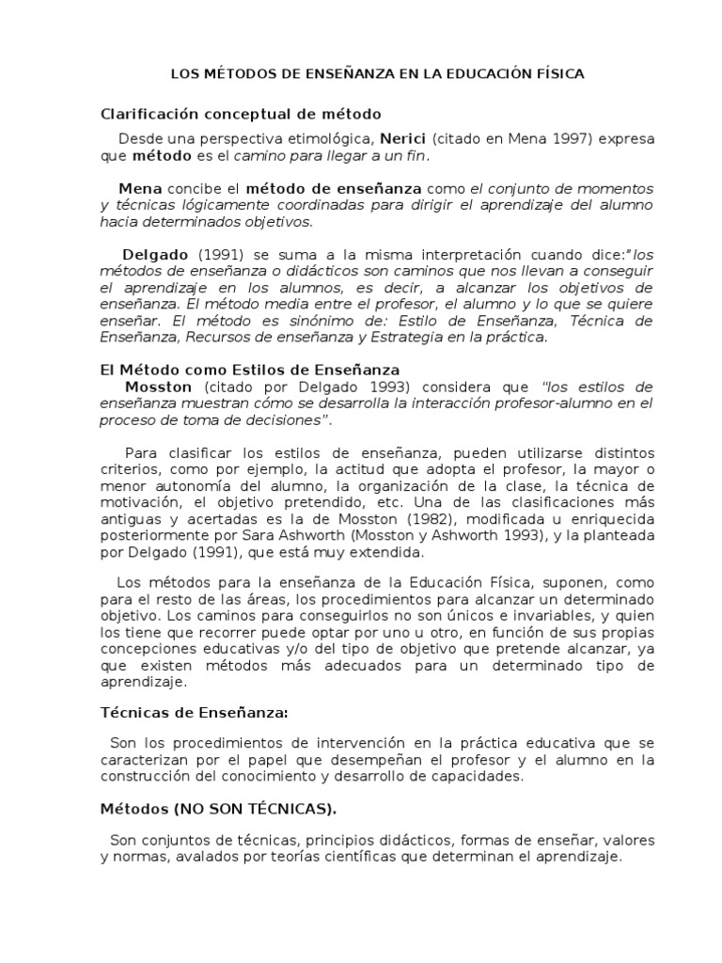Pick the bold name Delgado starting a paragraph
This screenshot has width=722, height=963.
click(156, 255)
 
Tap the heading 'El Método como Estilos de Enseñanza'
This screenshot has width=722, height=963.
click(250, 370)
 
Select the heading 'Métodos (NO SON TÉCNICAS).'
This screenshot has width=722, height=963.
click(218, 808)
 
